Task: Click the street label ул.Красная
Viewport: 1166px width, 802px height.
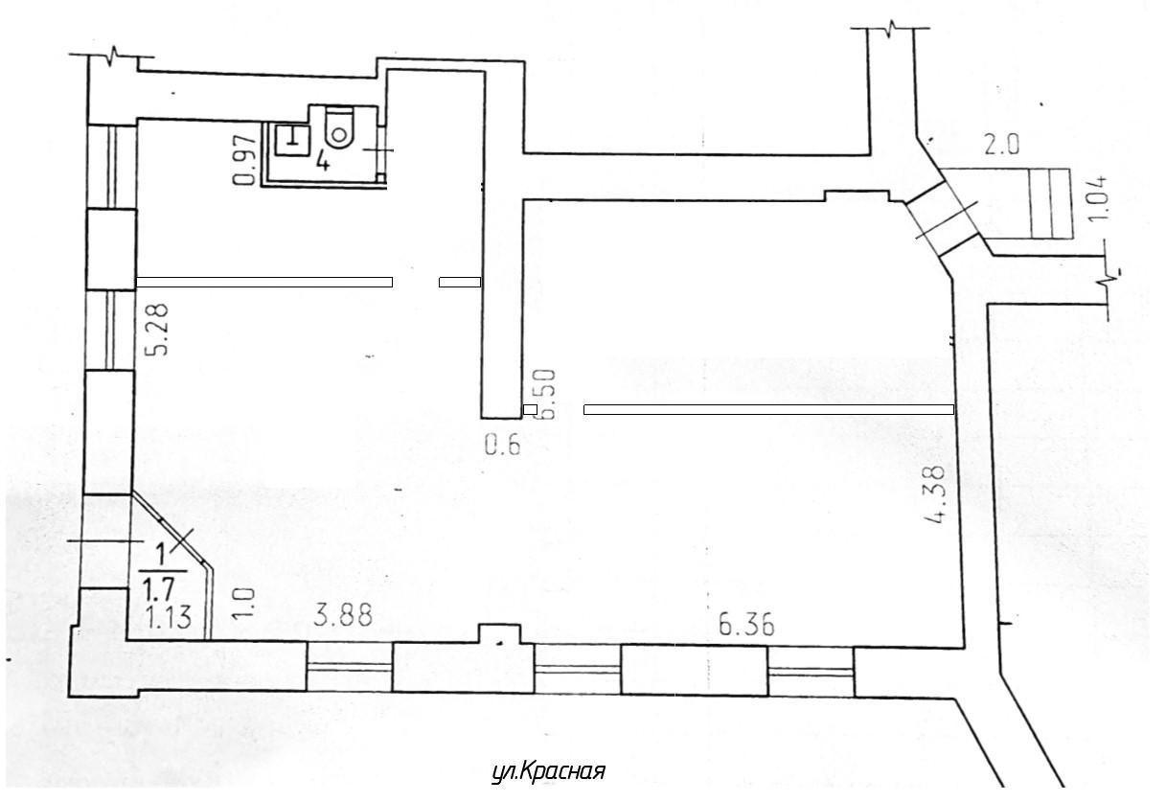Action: [548, 771]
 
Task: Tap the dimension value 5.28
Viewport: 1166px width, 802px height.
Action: [157, 329]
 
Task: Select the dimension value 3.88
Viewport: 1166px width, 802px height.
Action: [344, 616]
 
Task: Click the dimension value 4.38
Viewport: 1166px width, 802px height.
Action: [933, 496]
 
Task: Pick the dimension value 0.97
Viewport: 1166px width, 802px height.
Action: [245, 160]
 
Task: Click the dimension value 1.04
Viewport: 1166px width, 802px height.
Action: [1097, 198]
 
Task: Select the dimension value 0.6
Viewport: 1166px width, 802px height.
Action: [503, 446]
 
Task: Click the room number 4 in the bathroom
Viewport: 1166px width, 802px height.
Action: [323, 162]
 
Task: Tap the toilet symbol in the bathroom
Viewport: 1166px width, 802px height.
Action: [338, 126]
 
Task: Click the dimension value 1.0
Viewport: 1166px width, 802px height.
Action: [244, 602]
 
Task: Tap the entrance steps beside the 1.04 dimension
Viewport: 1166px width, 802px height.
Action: [1049, 203]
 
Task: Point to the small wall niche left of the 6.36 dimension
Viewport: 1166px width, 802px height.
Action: [499, 633]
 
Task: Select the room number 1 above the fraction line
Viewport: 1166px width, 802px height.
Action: [162, 555]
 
